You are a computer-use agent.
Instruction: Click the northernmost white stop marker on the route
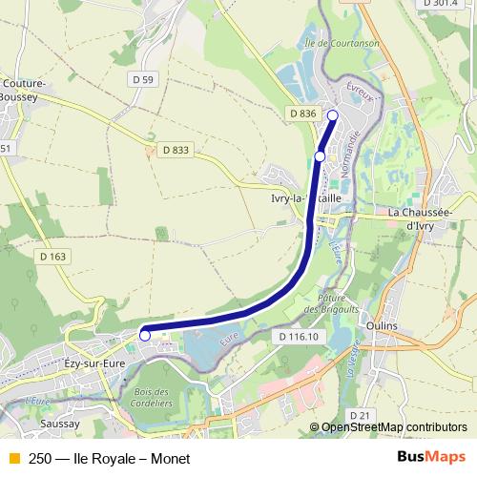coord(333,115)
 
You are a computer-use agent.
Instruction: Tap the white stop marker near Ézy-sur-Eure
coord(145,335)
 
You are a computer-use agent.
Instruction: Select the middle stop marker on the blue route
coord(321,156)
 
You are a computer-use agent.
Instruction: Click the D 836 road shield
coord(301,114)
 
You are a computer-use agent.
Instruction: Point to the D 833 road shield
coord(176,150)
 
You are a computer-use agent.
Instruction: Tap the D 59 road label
coord(141,79)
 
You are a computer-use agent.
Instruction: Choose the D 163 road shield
coord(54,257)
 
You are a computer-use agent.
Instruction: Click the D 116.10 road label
coord(300,338)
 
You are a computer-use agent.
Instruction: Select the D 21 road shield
coord(360,415)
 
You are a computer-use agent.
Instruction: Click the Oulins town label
coord(382,324)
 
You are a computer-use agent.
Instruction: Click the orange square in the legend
coord(13,458)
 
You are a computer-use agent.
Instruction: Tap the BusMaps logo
coord(431,457)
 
